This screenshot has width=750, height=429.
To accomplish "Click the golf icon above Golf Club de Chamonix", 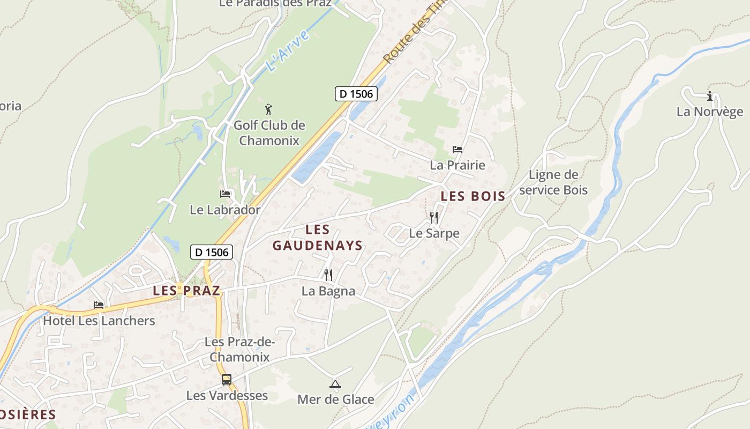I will click(268, 109).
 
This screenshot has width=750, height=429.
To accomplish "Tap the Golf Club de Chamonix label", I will click(269, 133).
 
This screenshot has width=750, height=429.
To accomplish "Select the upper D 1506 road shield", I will click(356, 94).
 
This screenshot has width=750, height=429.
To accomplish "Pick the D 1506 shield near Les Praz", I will click(212, 252).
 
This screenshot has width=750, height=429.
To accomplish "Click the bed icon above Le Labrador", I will click(225, 194).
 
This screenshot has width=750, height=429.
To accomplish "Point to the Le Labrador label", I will click(225, 210).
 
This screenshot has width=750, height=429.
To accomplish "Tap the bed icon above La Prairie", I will click(457, 149).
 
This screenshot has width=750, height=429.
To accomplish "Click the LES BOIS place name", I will click(473, 196).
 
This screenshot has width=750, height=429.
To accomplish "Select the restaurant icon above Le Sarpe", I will click(434, 217).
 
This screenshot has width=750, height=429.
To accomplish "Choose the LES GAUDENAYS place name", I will click(318, 238).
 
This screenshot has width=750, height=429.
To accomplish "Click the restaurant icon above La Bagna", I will click(328, 275).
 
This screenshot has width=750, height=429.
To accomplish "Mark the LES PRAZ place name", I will click(186, 291).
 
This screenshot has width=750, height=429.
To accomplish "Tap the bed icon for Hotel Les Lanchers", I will click(99, 305).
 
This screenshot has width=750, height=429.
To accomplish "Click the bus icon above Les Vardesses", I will click(227, 380).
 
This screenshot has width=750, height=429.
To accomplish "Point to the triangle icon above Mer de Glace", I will click(335, 384).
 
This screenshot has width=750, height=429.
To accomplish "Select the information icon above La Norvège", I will click(710, 97).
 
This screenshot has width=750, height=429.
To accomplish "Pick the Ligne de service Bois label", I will click(553, 182).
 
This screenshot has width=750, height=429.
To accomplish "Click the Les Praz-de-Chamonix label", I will click(239, 349).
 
